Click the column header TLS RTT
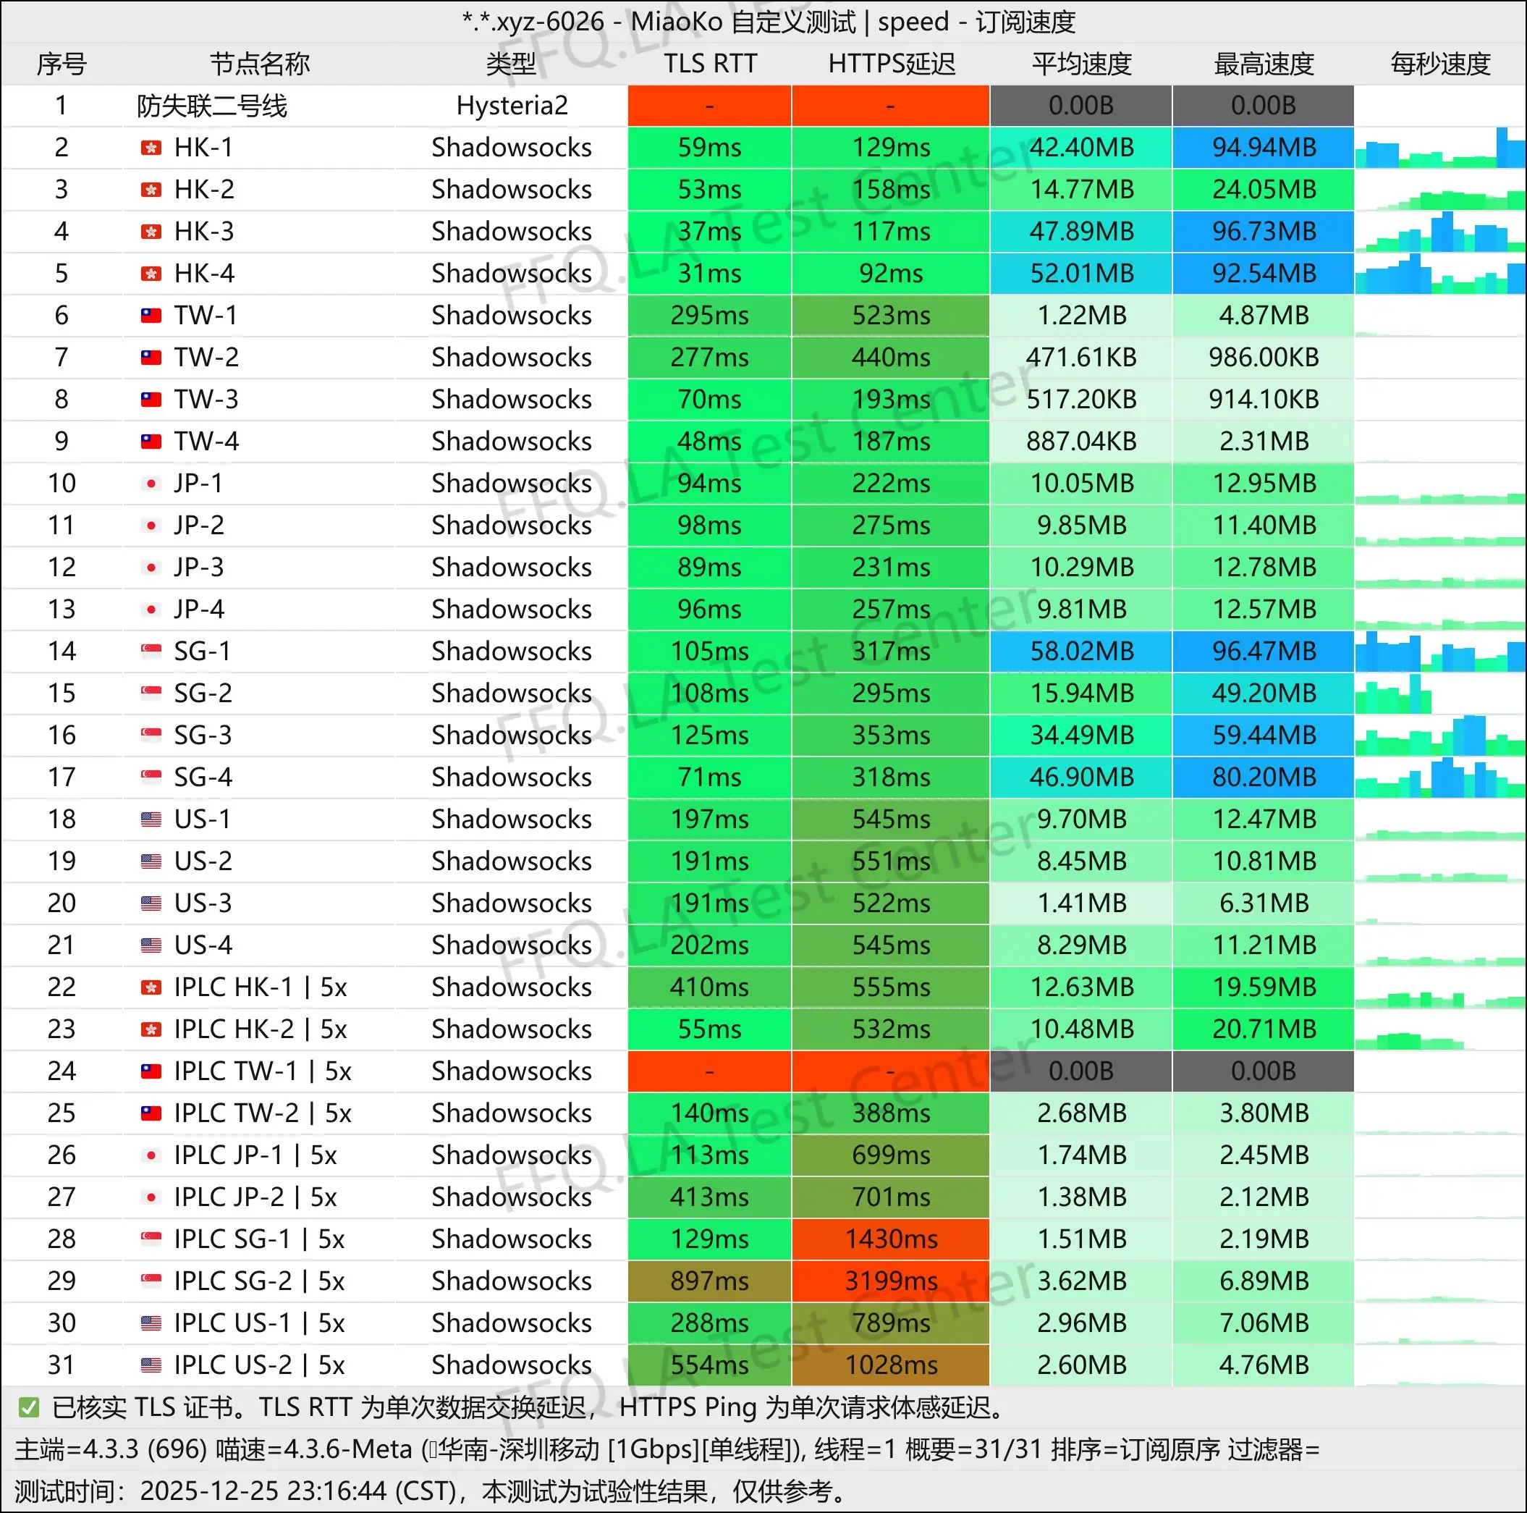pyautogui.click(x=710, y=63)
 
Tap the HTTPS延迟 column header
pyautogui.click(x=891, y=63)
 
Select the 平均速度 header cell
pyautogui.click(x=1081, y=63)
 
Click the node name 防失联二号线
pyautogui.click(x=212, y=105)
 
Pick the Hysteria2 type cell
pyautogui.click(x=512, y=105)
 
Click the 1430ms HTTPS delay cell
pyautogui.click(x=891, y=1239)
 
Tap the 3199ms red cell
pyautogui.click(x=891, y=1281)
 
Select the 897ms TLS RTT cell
pyautogui.click(x=710, y=1281)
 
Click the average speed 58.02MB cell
pyautogui.click(x=1081, y=651)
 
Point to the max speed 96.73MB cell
pyautogui.click(x=1263, y=231)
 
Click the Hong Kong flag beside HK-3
pyautogui.click(x=151, y=232)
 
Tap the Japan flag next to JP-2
pyautogui.click(x=151, y=526)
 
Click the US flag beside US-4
pyautogui.click(x=151, y=945)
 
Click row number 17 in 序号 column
pyautogui.click(x=62, y=777)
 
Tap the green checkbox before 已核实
pyautogui.click(x=28, y=1407)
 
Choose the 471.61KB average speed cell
pyautogui.click(x=1081, y=358)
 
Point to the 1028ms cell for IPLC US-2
pyautogui.click(x=891, y=1365)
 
